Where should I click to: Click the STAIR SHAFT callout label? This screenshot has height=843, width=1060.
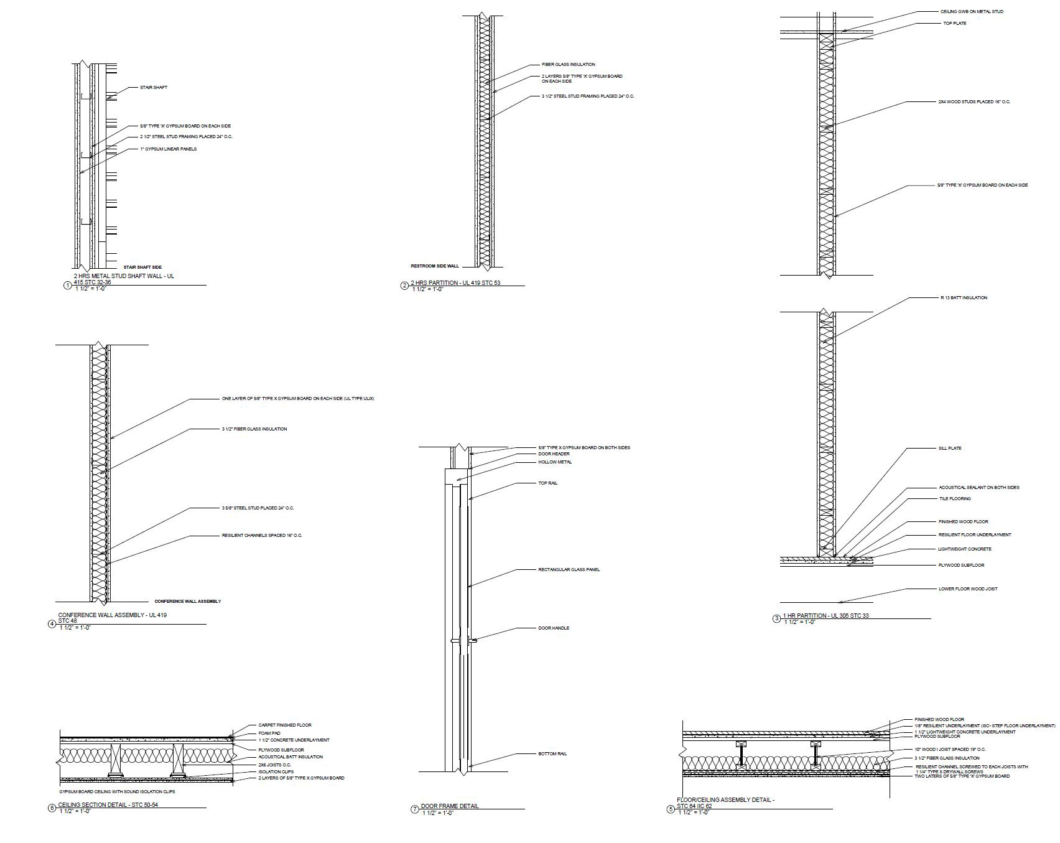click(x=153, y=88)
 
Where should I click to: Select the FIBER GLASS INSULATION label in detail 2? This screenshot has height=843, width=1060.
click(x=568, y=65)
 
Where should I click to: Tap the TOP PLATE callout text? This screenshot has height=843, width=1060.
click(x=955, y=24)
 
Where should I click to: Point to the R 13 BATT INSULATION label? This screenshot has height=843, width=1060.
click(x=962, y=298)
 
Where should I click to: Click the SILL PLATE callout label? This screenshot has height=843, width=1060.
click(x=949, y=449)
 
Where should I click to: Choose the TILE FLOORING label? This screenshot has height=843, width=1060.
click(x=954, y=499)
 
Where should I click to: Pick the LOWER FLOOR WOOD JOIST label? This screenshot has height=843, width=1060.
click(x=967, y=589)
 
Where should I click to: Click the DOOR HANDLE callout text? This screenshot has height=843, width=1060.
click(x=553, y=628)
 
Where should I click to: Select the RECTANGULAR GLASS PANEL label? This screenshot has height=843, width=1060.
click(x=569, y=570)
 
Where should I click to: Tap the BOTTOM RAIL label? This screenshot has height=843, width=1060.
click(x=552, y=754)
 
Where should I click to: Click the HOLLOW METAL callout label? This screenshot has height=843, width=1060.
click(x=555, y=462)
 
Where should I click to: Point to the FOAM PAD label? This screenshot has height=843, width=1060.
click(x=269, y=734)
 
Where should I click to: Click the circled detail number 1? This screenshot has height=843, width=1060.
click(x=68, y=286)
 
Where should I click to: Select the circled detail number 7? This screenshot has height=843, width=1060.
click(x=414, y=809)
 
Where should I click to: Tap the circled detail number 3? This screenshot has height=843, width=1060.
click(x=776, y=618)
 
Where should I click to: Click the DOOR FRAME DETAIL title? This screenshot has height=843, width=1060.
click(x=449, y=806)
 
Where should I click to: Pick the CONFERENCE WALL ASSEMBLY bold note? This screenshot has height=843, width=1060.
click(x=187, y=602)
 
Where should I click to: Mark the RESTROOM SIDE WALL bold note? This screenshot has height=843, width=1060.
click(x=434, y=266)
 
